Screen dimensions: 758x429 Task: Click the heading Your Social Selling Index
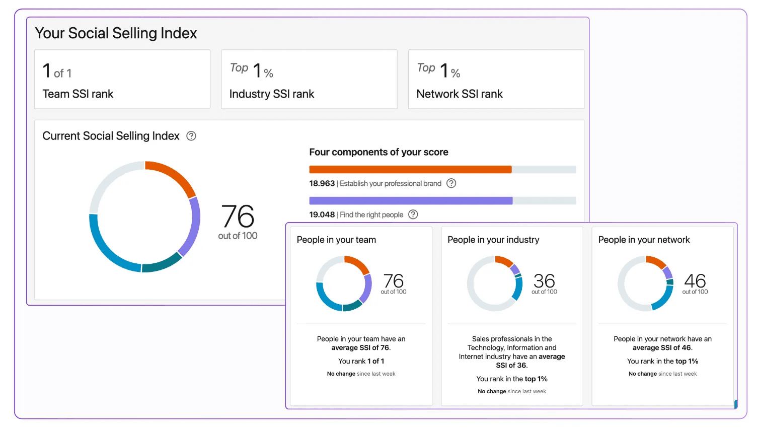pos(116,33)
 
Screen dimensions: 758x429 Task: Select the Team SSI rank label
pos(78,94)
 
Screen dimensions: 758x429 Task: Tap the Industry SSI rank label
pos(272,94)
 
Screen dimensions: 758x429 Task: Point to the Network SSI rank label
pos(460,94)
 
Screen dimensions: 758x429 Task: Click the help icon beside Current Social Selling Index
pos(191,136)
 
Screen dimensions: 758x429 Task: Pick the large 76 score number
pos(238,217)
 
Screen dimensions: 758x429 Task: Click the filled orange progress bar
pos(410,169)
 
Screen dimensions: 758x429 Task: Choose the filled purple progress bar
pos(411,200)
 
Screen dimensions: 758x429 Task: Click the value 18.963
pos(322,183)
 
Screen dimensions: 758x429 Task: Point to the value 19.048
pos(322,214)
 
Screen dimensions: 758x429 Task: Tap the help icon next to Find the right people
pos(413,214)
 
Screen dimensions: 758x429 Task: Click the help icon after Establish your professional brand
pos(451,183)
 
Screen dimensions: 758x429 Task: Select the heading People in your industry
pos(493,240)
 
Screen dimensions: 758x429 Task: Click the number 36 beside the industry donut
pos(544,280)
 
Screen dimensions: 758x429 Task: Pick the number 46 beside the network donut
pos(695,280)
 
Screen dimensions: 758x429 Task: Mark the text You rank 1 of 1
pos(361,362)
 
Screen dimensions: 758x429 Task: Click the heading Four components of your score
pos(378,152)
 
